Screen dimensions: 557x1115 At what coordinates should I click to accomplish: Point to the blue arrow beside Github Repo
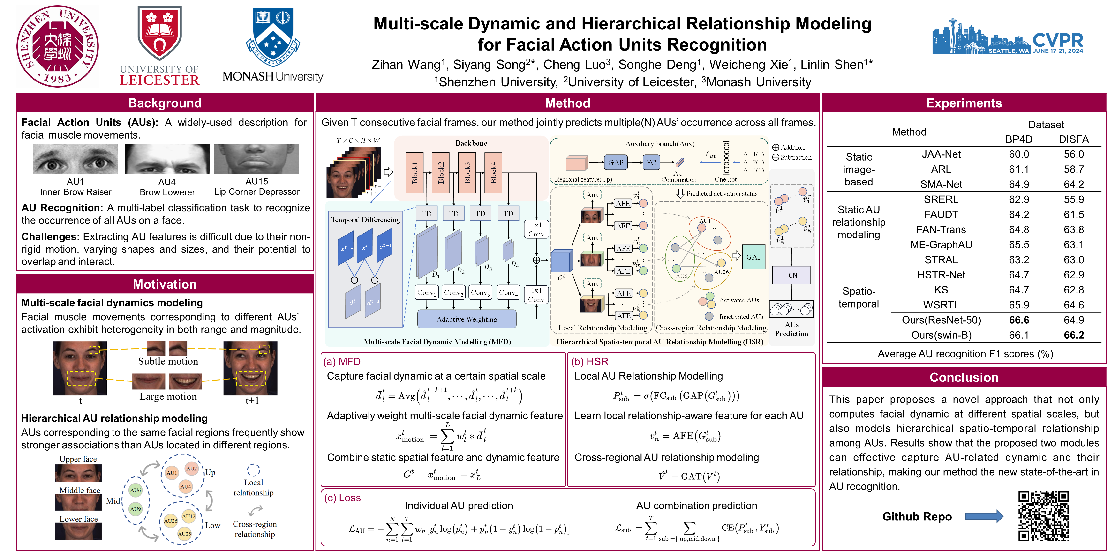pyautogui.click(x=983, y=516)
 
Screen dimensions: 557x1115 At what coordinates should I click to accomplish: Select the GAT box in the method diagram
pyautogui.click(x=753, y=257)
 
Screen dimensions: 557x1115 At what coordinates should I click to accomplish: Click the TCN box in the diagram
pyautogui.click(x=791, y=275)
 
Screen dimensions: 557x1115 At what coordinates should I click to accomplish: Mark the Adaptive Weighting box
pyautogui.click(x=467, y=319)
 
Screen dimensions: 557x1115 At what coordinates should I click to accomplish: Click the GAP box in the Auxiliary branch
pyautogui.click(x=616, y=163)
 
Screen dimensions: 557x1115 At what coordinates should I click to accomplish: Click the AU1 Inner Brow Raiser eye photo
pyautogui.click(x=76, y=159)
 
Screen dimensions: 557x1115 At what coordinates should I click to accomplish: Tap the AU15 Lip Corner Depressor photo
pyautogui.click(x=257, y=159)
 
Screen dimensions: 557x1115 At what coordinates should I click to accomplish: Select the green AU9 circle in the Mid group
pyautogui.click(x=136, y=509)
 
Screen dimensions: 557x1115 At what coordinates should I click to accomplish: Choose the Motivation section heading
pyautogui.click(x=165, y=284)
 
